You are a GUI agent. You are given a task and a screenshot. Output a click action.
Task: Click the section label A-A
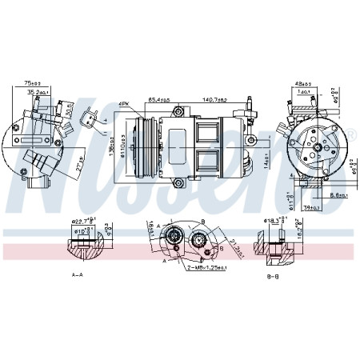point(78,274)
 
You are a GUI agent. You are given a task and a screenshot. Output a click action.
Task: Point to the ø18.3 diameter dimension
point(275,221)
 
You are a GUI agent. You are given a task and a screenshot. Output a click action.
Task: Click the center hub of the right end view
point(317,147)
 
